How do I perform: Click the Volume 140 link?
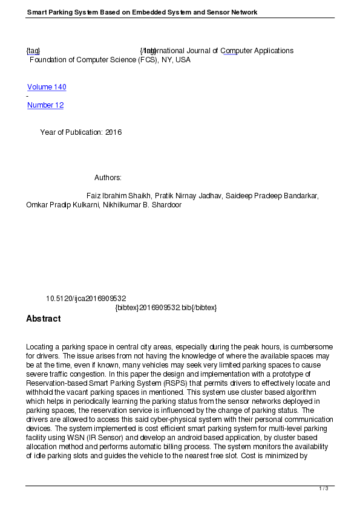pyautogui.click(x=47, y=87)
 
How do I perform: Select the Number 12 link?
pyautogui.click(x=45, y=105)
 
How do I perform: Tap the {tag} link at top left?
pyautogui.click(x=33, y=51)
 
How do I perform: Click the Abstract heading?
pyautogui.click(x=43, y=319)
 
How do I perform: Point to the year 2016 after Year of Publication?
pyautogui.click(x=114, y=132)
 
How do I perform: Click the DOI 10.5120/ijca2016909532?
pyautogui.click(x=86, y=299)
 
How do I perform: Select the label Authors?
pyautogui.click(x=108, y=178)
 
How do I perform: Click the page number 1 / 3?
pyautogui.click(x=324, y=488)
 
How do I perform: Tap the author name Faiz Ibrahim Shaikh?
pyautogui.click(x=119, y=196)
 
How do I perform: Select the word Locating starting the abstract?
pyautogui.click(x=40, y=347)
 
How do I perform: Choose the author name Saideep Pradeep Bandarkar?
pyautogui.click(x=267, y=196)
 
